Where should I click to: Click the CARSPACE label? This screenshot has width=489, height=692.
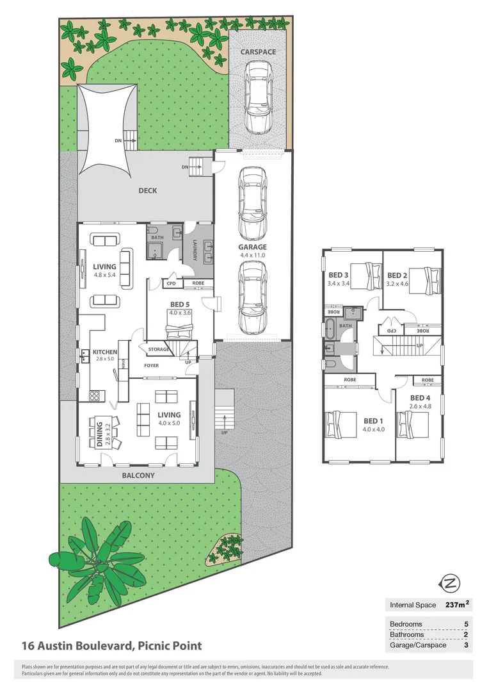coord(258,51)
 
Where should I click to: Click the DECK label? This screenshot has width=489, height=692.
coord(147,190)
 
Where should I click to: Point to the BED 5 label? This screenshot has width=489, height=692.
coord(179,304)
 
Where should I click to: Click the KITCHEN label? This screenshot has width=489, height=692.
coord(104,352)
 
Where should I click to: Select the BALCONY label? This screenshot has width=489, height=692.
coord(138,476)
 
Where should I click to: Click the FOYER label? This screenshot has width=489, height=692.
coord(151,366)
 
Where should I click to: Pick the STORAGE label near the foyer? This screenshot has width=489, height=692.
coord(159,349)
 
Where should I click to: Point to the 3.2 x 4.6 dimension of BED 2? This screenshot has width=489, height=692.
coord(397,283)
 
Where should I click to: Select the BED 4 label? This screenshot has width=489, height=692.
coord(419,397)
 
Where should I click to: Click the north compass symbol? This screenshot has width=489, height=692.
coord(451,583)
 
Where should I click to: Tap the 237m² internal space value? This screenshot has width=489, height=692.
coord(457,604)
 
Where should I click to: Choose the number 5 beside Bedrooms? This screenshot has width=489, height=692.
coord(466,623)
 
